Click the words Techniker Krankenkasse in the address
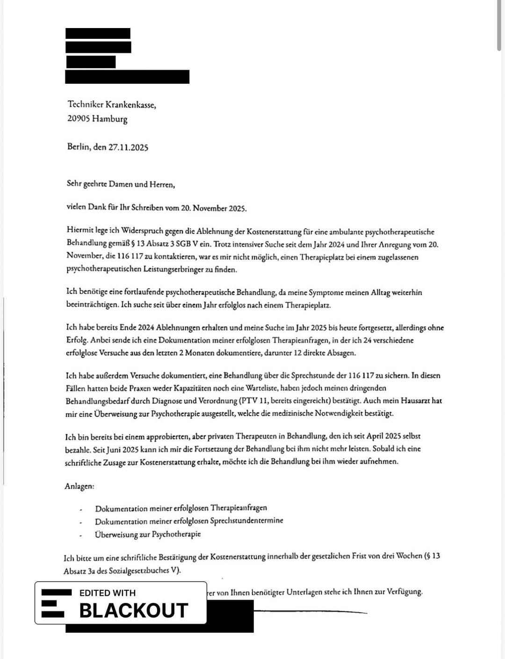click(x=111, y=105)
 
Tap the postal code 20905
click(x=79, y=119)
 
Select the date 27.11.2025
click(x=128, y=147)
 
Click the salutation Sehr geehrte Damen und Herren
click(x=121, y=184)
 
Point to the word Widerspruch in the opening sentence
click(x=142, y=231)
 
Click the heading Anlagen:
click(x=79, y=486)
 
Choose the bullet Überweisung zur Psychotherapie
click(x=148, y=534)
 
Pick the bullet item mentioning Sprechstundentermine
click(x=189, y=521)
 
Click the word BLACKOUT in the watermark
click(x=134, y=610)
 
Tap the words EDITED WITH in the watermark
click(x=108, y=593)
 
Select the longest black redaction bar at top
click(x=127, y=77)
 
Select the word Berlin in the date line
click(x=78, y=147)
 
